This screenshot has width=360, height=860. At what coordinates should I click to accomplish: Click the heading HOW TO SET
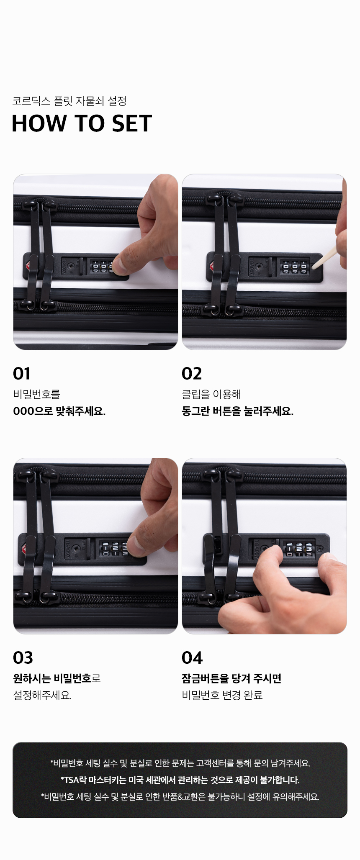pyautogui.click(x=82, y=123)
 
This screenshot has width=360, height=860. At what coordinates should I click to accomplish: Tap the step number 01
pyautogui.click(x=21, y=374)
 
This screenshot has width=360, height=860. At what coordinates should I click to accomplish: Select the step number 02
pyautogui.click(x=192, y=374)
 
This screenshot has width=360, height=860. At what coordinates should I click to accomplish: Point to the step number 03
pyautogui.click(x=23, y=658)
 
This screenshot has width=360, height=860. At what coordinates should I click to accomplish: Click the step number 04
pyautogui.click(x=192, y=658)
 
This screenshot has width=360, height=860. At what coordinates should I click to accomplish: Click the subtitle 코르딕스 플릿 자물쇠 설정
pyautogui.click(x=69, y=101)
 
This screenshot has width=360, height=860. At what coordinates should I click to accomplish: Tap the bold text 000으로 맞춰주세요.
pyautogui.click(x=59, y=411)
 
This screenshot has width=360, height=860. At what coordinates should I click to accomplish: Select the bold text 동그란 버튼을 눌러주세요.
pyautogui.click(x=237, y=411)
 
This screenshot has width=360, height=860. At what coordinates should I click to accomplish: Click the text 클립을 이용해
pyautogui.click(x=211, y=394)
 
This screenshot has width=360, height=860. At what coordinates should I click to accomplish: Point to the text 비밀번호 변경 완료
pyautogui.click(x=222, y=695)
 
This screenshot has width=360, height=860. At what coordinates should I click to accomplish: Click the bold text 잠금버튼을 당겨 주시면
pyautogui.click(x=231, y=678)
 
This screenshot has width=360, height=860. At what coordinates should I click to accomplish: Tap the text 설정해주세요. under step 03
pyautogui.click(x=42, y=695)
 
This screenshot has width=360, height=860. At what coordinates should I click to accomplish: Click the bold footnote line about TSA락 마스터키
pyautogui.click(x=180, y=780)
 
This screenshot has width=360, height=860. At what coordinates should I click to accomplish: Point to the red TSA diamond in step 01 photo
pyautogui.click(x=28, y=266)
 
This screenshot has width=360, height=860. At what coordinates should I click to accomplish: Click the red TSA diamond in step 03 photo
pyautogui.click(x=23, y=548)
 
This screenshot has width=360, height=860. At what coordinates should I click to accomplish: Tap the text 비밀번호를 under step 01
pyautogui.click(x=36, y=394)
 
